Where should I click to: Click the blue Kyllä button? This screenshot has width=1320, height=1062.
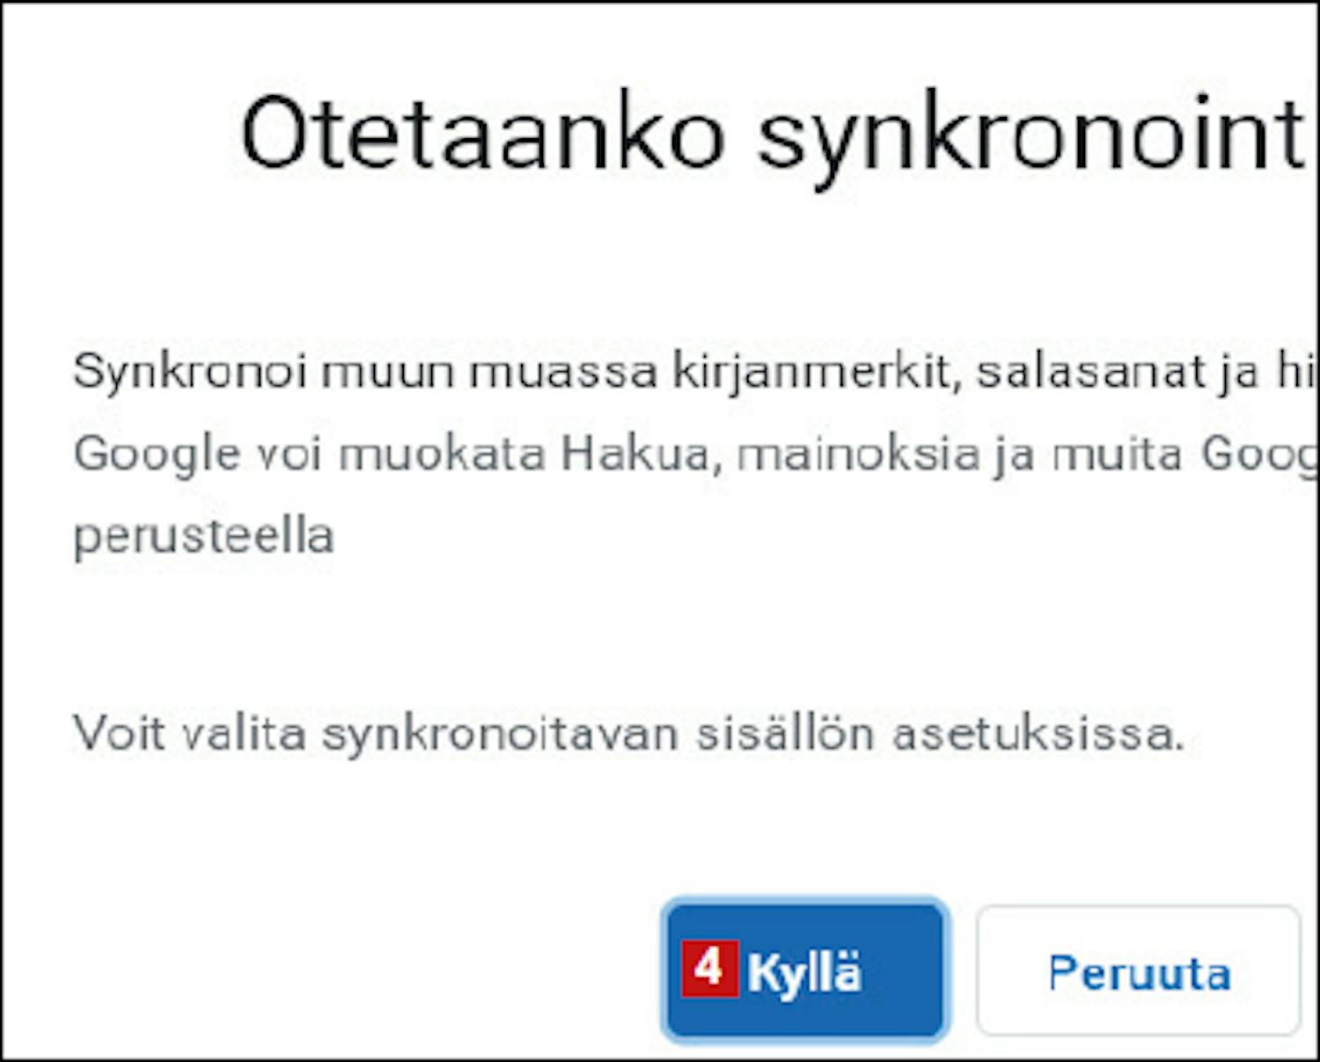[x=804, y=970]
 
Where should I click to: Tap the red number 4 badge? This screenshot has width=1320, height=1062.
[x=709, y=968]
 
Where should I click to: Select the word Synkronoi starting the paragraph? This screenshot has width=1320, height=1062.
[x=189, y=372]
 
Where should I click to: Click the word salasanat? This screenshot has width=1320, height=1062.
[x=1091, y=372]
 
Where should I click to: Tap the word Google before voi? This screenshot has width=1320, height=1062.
[x=157, y=455]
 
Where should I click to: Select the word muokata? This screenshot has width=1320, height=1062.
[x=443, y=453]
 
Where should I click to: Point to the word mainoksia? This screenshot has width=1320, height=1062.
[x=858, y=453]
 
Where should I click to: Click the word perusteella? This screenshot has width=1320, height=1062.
[x=203, y=535]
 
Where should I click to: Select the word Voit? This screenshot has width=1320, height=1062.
[x=119, y=733]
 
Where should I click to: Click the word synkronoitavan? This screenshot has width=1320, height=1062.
[x=500, y=734]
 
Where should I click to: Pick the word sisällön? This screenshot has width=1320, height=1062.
[x=785, y=733]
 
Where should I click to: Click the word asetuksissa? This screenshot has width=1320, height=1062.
[x=1038, y=733]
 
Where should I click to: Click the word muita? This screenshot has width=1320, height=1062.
[x=1117, y=453]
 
